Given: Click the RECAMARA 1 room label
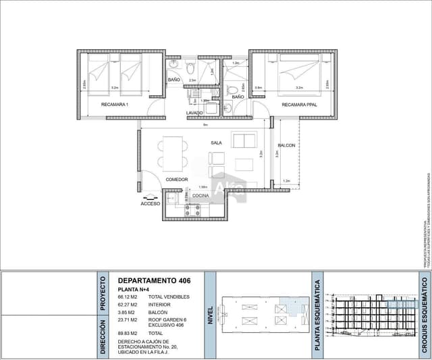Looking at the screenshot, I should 115,105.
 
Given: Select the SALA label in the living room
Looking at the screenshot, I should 216,143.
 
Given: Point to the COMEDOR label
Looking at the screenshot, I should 177,180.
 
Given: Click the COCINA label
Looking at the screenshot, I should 200,196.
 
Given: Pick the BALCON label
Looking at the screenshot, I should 286,145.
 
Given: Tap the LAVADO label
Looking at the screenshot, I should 194,112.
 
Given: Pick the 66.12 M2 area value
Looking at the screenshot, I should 128,297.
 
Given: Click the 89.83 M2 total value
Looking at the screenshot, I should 128,333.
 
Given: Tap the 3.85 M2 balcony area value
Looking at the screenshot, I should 128,312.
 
